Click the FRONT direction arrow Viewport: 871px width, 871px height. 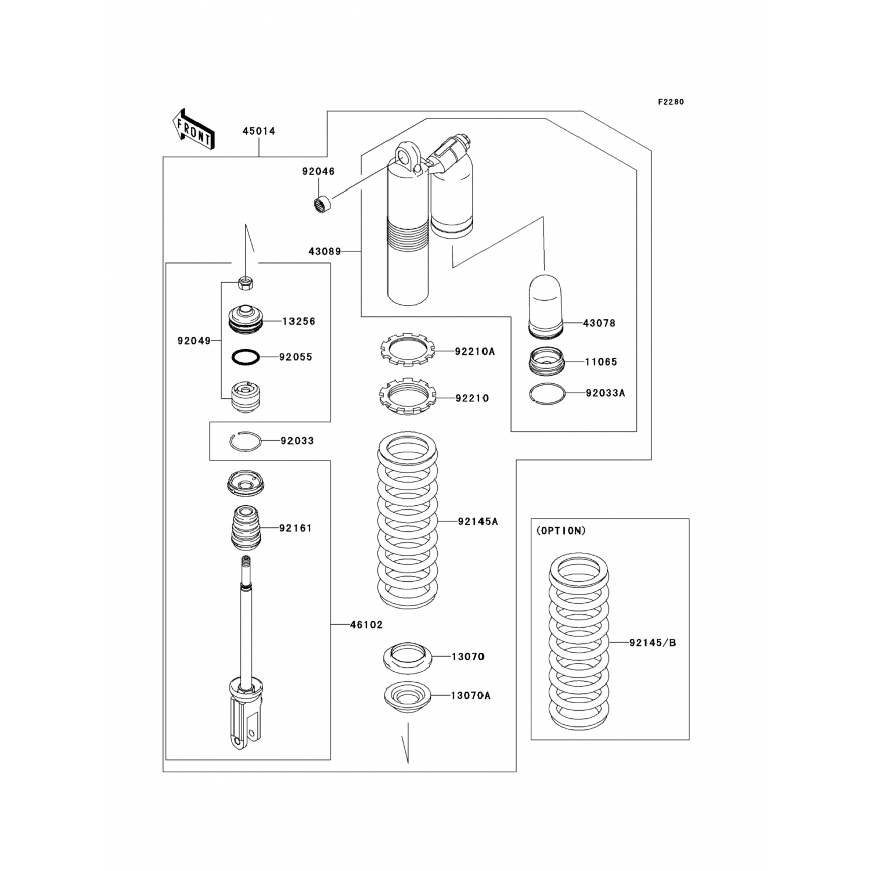click(x=194, y=129)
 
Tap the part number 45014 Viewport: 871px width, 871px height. click(x=259, y=131)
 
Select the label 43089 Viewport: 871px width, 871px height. click(x=325, y=251)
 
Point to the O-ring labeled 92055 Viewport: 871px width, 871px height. click(x=245, y=357)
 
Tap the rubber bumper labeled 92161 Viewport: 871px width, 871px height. click(x=246, y=528)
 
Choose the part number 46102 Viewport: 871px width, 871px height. click(x=366, y=625)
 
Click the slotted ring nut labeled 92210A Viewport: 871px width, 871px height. click(x=408, y=351)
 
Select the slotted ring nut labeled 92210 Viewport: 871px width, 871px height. click(x=408, y=397)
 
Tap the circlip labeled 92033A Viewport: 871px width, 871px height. click(x=547, y=393)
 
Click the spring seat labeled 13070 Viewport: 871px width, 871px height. click(x=408, y=657)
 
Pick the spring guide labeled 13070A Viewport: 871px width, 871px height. click(x=408, y=695)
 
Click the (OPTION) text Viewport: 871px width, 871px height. click(x=561, y=531)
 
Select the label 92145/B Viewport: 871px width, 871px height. click(x=653, y=643)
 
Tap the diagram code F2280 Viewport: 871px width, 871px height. click(x=671, y=102)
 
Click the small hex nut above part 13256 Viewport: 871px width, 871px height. click(x=246, y=283)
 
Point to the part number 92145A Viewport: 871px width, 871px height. click(x=478, y=521)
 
